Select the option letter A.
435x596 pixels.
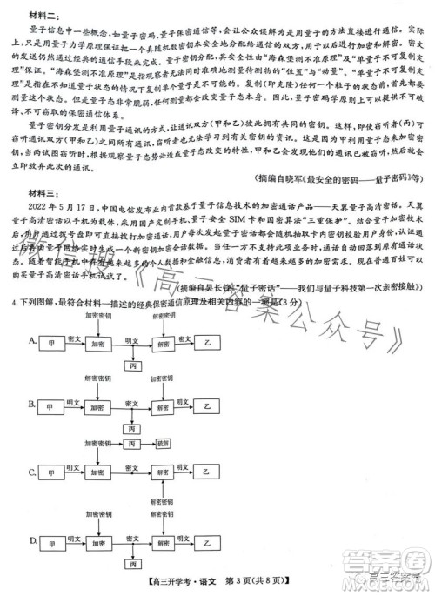[x=33, y=339]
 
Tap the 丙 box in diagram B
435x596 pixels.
[x=131, y=428]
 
